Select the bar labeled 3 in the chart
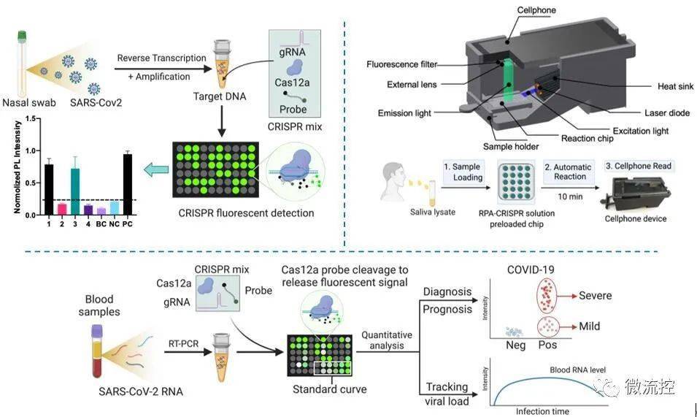pyautogui.click(x=75, y=191)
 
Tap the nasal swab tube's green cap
pyautogui.click(x=22, y=34)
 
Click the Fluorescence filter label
pyautogui.click(x=403, y=64)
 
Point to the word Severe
pyautogui.click(x=595, y=296)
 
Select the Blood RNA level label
pyautogui.click(x=579, y=370)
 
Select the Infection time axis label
pyautogui.click(x=542, y=411)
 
